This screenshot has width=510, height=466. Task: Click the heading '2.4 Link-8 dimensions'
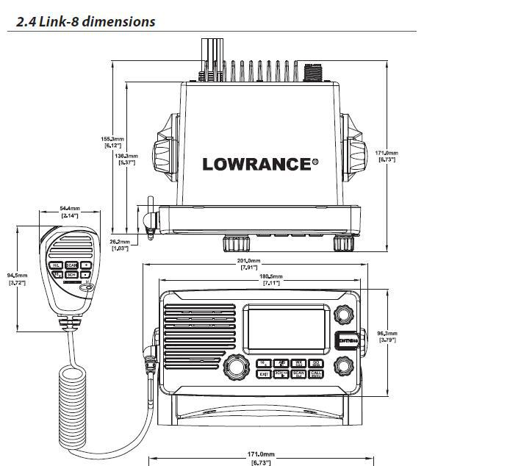point(85,21)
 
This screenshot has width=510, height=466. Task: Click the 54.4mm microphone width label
point(71,213)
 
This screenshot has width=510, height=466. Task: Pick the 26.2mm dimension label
point(120,245)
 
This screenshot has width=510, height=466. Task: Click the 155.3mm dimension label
point(113,142)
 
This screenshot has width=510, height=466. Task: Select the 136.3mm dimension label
point(127,159)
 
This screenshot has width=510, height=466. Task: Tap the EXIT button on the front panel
point(264,374)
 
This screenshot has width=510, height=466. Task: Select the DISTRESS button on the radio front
point(346,340)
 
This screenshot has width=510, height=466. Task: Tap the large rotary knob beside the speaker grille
point(234,365)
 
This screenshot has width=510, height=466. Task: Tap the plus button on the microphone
point(86,265)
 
